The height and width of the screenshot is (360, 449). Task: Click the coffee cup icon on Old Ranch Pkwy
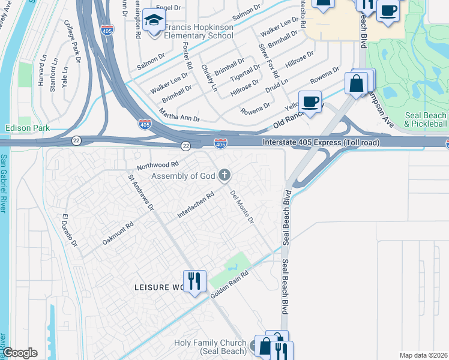tap(310, 102)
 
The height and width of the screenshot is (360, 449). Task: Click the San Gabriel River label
tap(4, 183)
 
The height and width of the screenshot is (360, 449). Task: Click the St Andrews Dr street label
tap(141, 192)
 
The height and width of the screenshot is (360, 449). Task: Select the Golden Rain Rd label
tap(229, 284)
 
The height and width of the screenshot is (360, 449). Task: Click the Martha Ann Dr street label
tap(179, 115)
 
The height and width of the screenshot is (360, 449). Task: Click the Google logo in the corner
tap(20, 353)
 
